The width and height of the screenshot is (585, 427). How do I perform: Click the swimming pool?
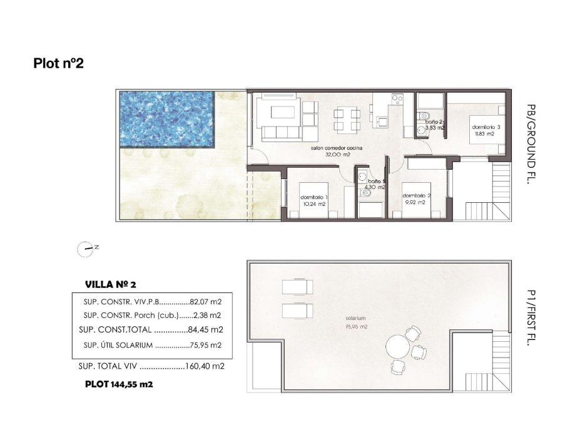pyautogui.click(x=166, y=119)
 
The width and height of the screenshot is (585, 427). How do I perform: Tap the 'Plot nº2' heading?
pyautogui.click(x=58, y=63)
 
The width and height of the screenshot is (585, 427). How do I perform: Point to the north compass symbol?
pyautogui.click(x=85, y=249)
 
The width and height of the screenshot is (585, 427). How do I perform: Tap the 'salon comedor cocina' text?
pyautogui.click(x=337, y=148)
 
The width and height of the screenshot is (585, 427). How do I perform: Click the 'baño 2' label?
pyautogui.click(x=434, y=121)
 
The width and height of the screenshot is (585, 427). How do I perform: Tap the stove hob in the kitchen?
pyautogui.click(x=397, y=98)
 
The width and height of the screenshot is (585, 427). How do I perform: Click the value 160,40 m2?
pyautogui.click(x=205, y=366)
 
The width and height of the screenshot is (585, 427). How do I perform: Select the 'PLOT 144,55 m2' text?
pyautogui.click(x=119, y=385)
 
